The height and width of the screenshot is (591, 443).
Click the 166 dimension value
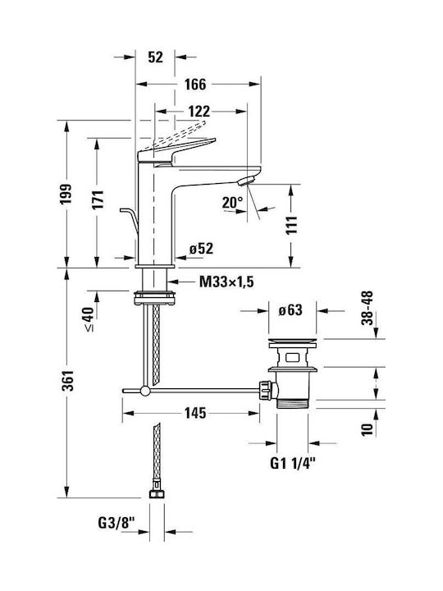(x=195, y=84)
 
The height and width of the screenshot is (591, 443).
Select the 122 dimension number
(x=199, y=111)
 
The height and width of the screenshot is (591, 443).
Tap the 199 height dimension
(x=66, y=194)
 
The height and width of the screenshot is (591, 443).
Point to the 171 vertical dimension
(x=98, y=199)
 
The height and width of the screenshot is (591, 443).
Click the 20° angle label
(x=232, y=203)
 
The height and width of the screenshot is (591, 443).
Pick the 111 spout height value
(x=291, y=226)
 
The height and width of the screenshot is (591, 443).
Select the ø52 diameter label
(x=201, y=249)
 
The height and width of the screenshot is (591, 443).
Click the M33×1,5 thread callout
(x=226, y=282)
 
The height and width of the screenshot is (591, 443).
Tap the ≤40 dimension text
(x=89, y=318)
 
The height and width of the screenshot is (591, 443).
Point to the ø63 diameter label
(x=290, y=310)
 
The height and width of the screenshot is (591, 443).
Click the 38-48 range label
(x=367, y=308)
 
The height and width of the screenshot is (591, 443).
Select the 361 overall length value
(x=68, y=381)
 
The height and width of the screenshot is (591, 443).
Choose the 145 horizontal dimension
(x=195, y=413)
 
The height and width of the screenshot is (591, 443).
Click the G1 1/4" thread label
(x=292, y=463)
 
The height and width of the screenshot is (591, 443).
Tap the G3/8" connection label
(x=116, y=523)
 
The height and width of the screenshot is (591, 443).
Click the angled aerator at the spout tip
(x=246, y=181)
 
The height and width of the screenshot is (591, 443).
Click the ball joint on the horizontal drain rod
(x=144, y=391)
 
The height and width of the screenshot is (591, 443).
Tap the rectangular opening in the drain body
(x=292, y=356)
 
